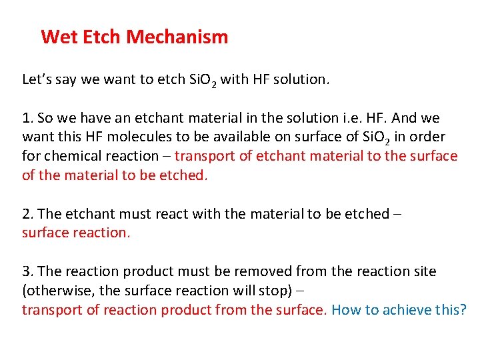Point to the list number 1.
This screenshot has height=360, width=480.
[x=27, y=119]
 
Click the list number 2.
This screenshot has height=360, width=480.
[x=27, y=215]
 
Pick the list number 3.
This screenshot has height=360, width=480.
[x=27, y=272]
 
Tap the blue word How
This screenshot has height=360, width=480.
[x=346, y=311]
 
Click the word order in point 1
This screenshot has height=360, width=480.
[x=427, y=137]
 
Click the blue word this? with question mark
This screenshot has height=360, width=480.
[x=452, y=311]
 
